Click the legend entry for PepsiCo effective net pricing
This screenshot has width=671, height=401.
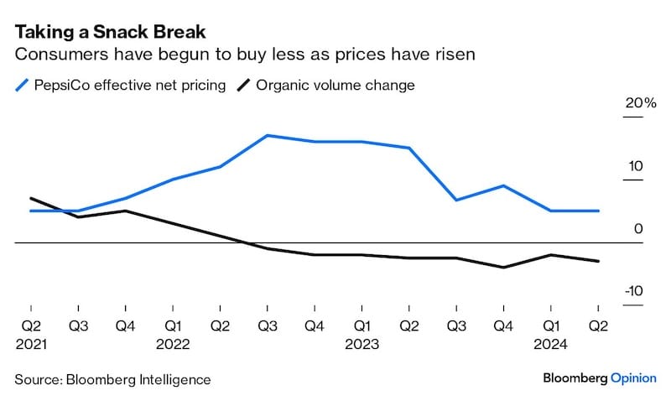tap(127, 85)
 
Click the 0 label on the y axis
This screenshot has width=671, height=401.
tap(638, 229)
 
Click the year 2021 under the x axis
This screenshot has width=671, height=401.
tap(31, 344)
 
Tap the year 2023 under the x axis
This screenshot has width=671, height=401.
tap(362, 344)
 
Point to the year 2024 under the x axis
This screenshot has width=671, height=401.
tap(550, 344)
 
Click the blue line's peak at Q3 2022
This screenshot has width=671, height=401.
tap(267, 135)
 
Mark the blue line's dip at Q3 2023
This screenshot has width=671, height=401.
tap(455, 200)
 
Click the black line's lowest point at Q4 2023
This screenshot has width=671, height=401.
tap(503, 268)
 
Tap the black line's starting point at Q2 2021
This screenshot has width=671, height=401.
tap(31, 198)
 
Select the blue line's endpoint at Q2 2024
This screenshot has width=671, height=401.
tap(598, 211)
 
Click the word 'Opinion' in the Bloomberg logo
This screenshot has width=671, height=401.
tap(633, 378)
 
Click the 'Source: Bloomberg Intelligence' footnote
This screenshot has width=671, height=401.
tap(112, 379)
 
